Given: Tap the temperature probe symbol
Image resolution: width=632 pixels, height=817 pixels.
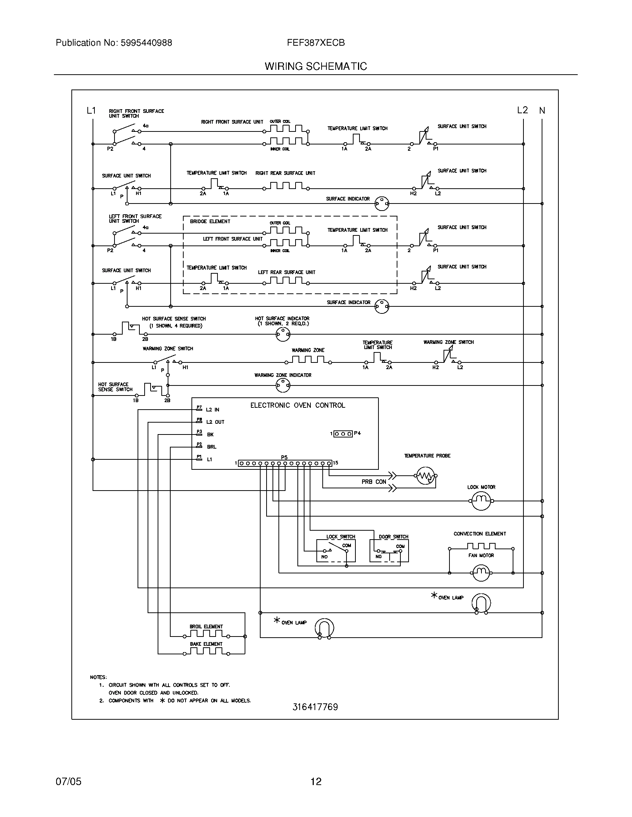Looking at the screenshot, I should click(x=426, y=476).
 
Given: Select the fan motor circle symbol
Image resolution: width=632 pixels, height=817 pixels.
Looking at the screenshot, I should click(x=481, y=572).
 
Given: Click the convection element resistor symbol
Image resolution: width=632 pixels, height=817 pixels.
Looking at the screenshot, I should click(x=481, y=547).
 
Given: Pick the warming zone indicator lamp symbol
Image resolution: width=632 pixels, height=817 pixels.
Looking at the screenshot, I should click(x=283, y=385).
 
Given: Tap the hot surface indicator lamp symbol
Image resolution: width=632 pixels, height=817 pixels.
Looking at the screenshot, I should click(x=283, y=334).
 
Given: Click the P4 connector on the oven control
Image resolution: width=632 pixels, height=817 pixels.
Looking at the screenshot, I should click(x=343, y=433).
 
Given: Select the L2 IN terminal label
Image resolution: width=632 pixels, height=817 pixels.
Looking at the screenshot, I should click(x=213, y=410).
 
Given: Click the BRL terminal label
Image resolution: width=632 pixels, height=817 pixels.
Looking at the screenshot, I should click(x=212, y=447).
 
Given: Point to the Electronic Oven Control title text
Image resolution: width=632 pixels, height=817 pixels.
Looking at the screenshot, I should click(x=298, y=405).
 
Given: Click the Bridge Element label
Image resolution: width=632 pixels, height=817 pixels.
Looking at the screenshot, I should click(x=210, y=221).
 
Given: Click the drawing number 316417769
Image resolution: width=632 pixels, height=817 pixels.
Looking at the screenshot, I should click(x=315, y=707).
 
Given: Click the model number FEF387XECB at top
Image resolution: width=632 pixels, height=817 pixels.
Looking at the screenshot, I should click(x=316, y=43).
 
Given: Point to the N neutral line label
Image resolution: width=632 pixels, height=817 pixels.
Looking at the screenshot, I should click(x=542, y=110).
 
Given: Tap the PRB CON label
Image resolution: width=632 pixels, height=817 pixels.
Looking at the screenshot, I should click(x=374, y=482).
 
